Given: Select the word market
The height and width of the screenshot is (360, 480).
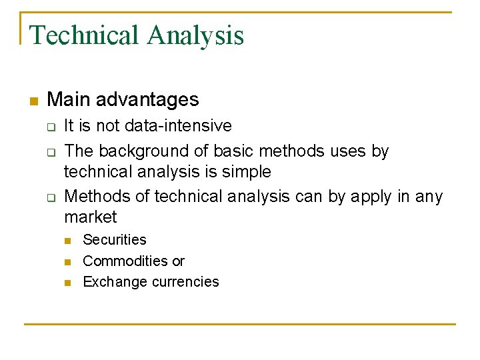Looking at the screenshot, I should (x=90, y=217).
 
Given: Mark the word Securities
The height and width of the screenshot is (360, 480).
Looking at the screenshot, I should (x=115, y=240).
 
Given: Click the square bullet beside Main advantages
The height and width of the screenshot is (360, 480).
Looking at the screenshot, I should (x=34, y=101).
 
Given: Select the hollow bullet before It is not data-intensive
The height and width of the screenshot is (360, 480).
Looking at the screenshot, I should (x=49, y=127).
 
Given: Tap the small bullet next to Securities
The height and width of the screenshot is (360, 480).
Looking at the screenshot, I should (x=67, y=241).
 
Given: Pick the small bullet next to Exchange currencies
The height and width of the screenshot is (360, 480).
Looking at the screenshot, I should (x=67, y=283).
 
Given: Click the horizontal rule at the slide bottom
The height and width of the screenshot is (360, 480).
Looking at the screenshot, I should (x=240, y=325).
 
